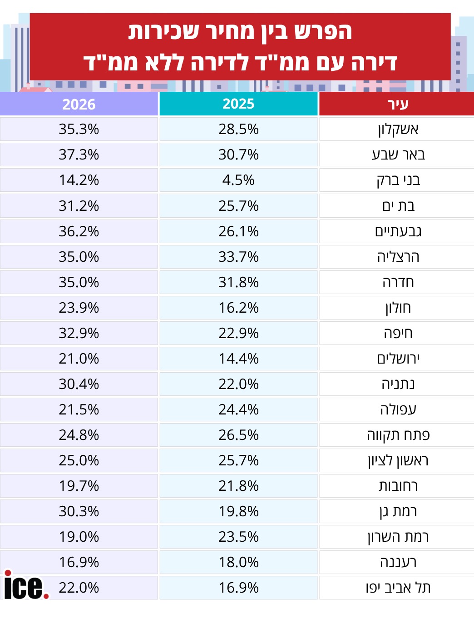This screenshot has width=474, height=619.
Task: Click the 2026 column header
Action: coord(79,104)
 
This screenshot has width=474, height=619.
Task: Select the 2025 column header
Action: coord(238,104)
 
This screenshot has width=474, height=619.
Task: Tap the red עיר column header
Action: coord(397,104)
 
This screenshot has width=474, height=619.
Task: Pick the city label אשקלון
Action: coord(398,130)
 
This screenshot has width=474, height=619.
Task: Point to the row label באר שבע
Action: coord(398,155)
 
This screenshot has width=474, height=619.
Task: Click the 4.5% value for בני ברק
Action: coord(238,180)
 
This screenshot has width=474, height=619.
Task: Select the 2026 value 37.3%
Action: coord(79,155)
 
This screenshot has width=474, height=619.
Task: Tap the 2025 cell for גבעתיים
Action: coord(238,231)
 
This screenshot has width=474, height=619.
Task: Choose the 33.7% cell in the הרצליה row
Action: coord(238,257)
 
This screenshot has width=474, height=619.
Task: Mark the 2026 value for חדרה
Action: coord(79,282)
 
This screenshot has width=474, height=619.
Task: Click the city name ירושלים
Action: coord(398,359)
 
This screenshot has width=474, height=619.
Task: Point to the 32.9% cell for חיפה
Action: coord(79,333)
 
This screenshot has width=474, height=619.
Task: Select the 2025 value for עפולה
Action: coord(238,409)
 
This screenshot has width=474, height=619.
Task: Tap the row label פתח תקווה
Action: coord(398,435)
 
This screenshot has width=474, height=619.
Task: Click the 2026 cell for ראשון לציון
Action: coord(79,461)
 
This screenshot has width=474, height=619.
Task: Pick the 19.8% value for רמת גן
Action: coord(238,512)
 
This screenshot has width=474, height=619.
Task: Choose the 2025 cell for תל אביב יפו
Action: coord(238,588)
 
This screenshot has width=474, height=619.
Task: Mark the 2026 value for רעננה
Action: coord(79,562)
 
